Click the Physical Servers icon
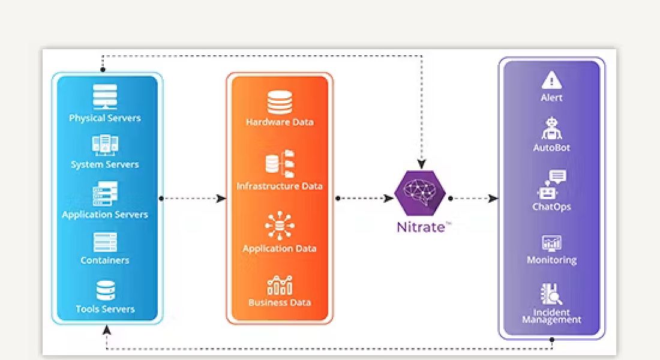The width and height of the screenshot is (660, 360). click(105, 97)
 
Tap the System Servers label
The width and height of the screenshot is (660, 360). click(105, 164)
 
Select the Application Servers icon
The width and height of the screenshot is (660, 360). click(105, 194)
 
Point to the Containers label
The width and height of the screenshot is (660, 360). click(105, 260)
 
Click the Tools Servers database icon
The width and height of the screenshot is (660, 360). click(106, 290)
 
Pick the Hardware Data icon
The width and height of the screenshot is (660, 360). click(280, 102)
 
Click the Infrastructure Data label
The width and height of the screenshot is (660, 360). click(280, 186)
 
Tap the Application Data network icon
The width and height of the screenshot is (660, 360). click(280, 226)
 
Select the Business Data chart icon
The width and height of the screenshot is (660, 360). click(280, 284)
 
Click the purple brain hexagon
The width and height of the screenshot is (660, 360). click(420, 193)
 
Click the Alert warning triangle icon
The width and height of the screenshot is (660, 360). click(551, 80)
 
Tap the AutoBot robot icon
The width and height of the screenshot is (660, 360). click(551, 128)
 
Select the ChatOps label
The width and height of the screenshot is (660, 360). click(551, 207)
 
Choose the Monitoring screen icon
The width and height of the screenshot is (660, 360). click(551, 242)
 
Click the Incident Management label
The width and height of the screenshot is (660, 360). click(551, 316)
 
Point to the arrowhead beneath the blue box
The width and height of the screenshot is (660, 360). click(107, 329)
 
